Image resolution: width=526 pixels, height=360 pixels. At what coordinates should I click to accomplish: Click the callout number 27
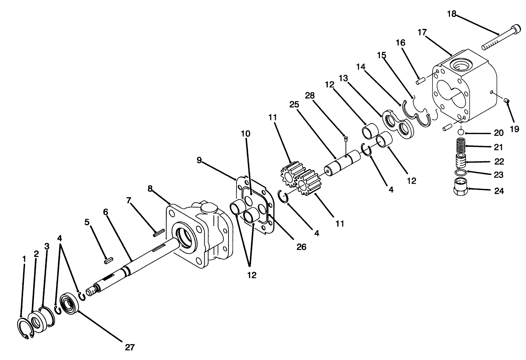coord(130,347)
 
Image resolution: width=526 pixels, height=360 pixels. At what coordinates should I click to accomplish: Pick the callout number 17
coord(422,32)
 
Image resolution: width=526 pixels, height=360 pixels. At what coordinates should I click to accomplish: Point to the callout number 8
coord(150,189)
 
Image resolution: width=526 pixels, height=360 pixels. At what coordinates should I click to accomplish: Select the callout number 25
coord(294,104)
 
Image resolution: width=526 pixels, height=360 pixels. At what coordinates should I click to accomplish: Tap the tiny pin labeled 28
coord(345,138)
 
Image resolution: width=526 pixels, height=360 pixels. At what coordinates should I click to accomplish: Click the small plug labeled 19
coord(506,101)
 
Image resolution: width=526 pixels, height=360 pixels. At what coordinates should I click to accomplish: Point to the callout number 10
coord(246,134)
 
